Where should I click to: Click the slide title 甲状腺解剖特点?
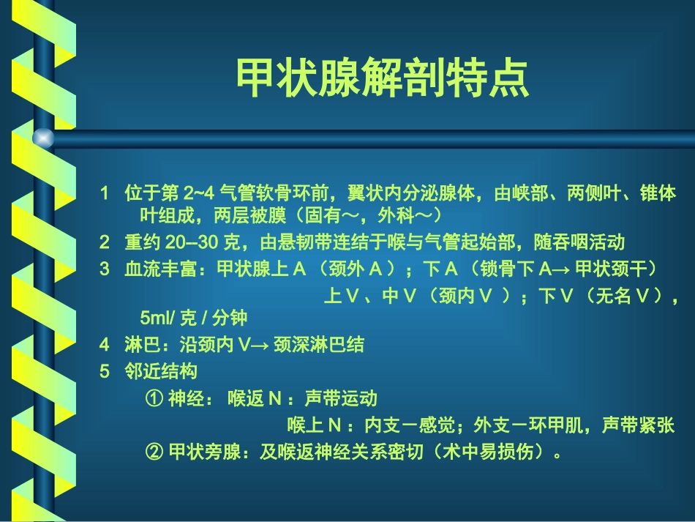click(382, 78)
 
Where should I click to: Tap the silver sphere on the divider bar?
click(44, 138)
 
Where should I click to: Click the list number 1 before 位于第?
click(105, 195)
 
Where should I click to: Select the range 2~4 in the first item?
click(199, 195)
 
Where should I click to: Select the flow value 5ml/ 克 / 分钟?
click(193, 317)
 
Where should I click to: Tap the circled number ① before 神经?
click(154, 398)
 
